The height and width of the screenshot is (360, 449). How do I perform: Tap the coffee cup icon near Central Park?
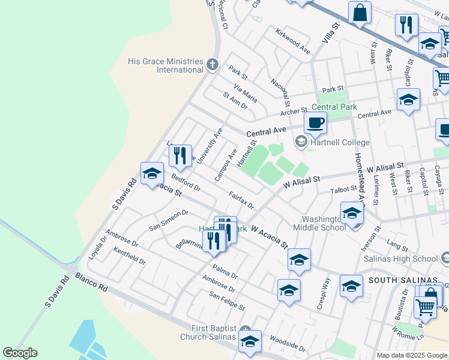(315, 124)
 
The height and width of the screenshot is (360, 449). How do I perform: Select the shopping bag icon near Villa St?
(360, 13)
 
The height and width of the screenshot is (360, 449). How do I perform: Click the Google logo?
(20, 353)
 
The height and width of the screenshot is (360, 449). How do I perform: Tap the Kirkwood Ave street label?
(292, 41)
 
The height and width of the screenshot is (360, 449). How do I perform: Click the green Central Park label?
(334, 107)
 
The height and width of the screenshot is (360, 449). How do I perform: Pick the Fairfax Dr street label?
(241, 199)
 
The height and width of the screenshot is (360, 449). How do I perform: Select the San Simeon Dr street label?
(169, 221)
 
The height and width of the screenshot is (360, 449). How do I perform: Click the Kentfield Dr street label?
(129, 257)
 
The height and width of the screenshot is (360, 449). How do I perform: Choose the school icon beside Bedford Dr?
(152, 175)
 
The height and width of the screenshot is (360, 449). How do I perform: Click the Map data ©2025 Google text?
(412, 355)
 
